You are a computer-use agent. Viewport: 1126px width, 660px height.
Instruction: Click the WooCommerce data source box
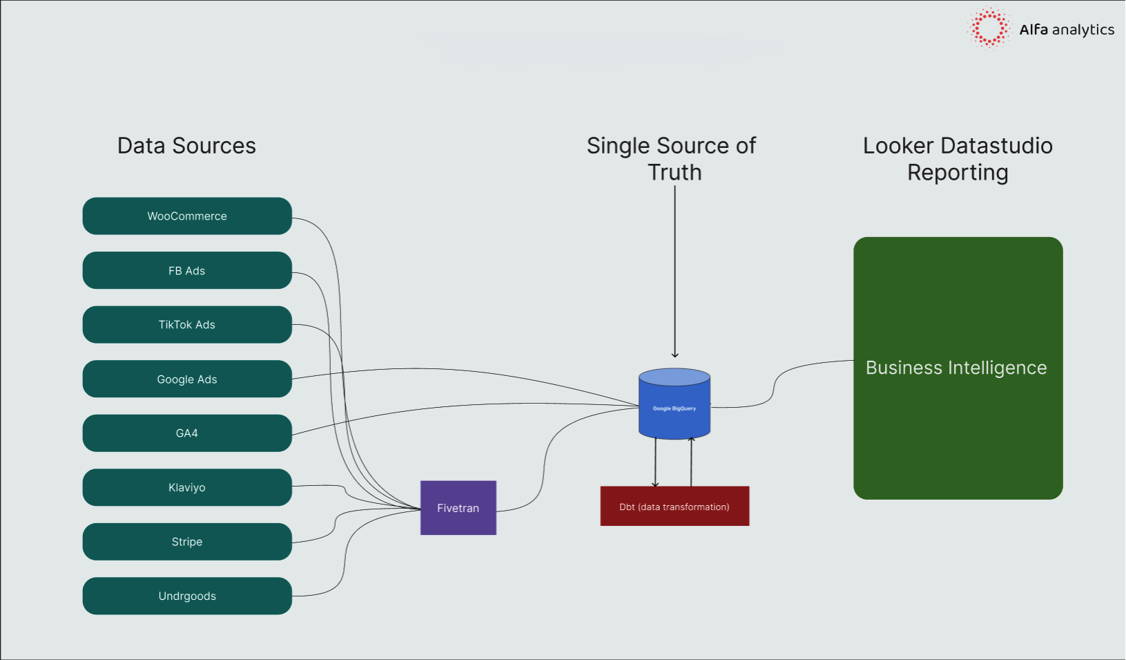point(187,216)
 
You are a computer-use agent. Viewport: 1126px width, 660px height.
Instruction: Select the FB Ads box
point(187,270)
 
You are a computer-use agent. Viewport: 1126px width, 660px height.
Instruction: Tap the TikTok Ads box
point(187,324)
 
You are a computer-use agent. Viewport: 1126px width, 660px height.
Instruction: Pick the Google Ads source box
point(187,379)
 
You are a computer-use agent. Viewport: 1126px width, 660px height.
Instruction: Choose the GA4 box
point(187,433)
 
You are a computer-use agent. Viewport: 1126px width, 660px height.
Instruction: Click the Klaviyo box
point(187,487)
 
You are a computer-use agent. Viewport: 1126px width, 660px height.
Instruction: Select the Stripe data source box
point(187,542)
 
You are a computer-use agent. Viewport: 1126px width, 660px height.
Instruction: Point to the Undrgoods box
point(187,596)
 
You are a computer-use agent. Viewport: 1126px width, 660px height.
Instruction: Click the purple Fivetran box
point(458,507)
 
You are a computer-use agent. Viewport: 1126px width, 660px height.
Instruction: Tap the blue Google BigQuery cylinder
point(674,404)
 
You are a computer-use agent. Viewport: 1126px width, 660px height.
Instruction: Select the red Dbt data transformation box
point(674,506)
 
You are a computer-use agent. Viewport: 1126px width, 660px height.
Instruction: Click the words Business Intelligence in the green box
point(956,368)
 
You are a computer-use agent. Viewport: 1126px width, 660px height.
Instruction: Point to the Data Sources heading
point(186,146)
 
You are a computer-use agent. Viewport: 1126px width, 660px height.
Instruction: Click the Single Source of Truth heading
point(672,159)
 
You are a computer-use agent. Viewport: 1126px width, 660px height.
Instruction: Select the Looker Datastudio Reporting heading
point(958,159)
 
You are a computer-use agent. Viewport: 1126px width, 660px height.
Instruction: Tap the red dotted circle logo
point(989,28)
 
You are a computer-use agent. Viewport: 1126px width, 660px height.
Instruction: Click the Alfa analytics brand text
point(1067,30)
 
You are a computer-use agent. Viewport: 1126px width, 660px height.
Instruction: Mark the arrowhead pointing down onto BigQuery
point(674,355)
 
